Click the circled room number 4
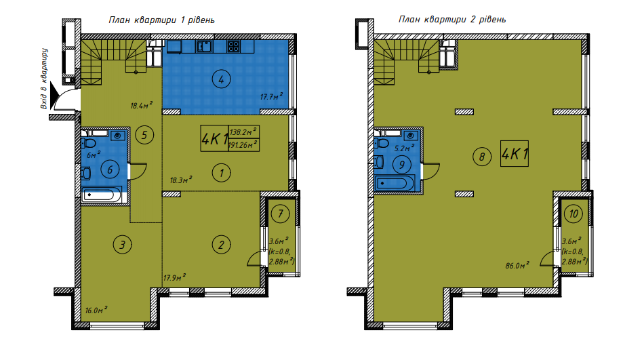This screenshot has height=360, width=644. pos(221,79)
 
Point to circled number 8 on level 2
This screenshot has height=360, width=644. pos(481,157)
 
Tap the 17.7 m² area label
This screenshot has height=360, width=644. pos(271,97)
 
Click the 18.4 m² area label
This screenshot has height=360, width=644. pos(141,105)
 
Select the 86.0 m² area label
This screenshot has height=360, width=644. pos(517,266)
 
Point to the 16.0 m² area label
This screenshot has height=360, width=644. pos(97,310)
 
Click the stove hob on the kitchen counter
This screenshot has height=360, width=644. pos(233,47)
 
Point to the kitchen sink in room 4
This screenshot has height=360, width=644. pos(203,46)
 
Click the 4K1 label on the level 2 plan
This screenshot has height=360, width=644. pos(515,154)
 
